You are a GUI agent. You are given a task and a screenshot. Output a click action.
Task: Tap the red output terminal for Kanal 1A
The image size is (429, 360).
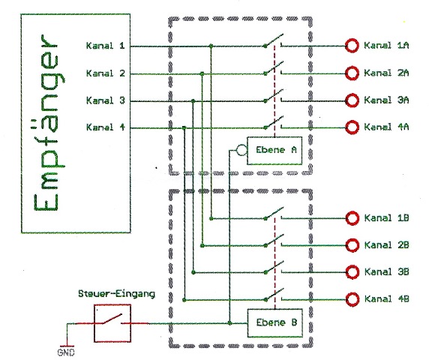pyautogui.click(x=352, y=46)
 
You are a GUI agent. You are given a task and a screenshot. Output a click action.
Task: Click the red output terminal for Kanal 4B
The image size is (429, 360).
pyautogui.click(x=352, y=299)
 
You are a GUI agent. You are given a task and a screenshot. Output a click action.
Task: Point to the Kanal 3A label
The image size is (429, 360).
pyautogui.click(x=386, y=100)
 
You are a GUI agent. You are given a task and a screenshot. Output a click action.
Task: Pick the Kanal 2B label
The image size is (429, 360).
pyautogui.click(x=386, y=244)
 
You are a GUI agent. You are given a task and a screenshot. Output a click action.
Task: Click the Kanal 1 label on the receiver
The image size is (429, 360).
pyautogui.click(x=106, y=46)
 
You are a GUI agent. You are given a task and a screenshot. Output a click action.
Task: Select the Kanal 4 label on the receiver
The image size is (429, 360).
pyautogui.click(x=106, y=127)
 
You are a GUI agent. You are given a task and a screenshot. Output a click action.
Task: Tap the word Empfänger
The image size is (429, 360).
pyautogui.click(x=46, y=122)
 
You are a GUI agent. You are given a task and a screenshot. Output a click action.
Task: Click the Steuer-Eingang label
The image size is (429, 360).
pyautogui.click(x=116, y=294)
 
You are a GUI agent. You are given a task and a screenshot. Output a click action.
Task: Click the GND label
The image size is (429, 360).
pyautogui.click(x=66, y=352)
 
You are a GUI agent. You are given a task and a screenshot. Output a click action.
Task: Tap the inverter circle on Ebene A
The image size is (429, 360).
pyautogui.click(x=241, y=150)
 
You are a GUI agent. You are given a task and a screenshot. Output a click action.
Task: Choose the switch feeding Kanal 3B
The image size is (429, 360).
pyautogui.click(x=274, y=268)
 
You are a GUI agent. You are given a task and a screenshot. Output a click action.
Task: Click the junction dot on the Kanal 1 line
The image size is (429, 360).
pyautogui.click(x=211, y=46)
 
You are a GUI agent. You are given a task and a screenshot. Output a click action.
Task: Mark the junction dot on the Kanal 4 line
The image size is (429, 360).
pyautogui.click(x=184, y=127)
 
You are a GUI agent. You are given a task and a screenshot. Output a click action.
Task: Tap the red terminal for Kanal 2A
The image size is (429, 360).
pyautogui.click(x=352, y=73)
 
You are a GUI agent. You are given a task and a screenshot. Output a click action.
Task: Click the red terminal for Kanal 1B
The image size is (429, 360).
pyautogui.click(x=352, y=218)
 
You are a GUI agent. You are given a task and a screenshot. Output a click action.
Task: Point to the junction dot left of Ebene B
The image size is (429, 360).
pyautogui.click(x=229, y=323)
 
